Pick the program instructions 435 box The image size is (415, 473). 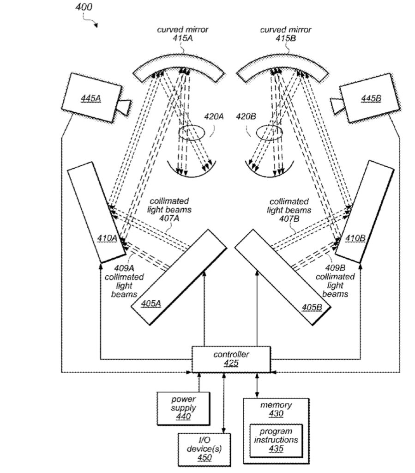tap(277, 440)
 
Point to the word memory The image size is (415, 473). tap(276, 405)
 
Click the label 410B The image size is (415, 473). tap(355, 238)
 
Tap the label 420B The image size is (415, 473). tap(246, 117)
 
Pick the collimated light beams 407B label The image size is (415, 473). tap(289, 209)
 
